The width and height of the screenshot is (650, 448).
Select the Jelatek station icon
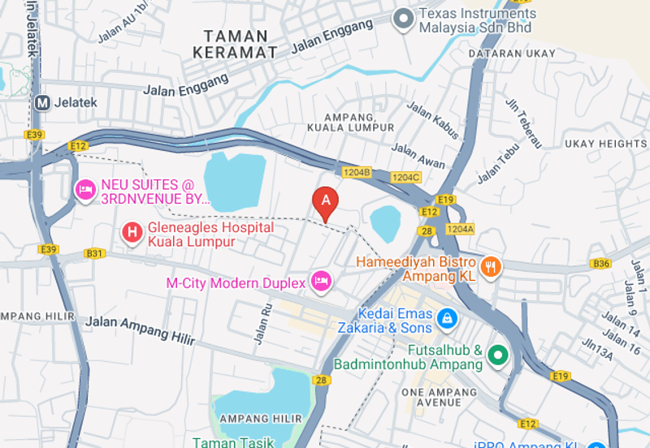pyautogui.click(x=42, y=103)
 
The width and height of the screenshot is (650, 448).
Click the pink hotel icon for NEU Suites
pyautogui.click(x=84, y=190)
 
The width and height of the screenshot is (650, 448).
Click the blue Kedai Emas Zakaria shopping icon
pyautogui.click(x=446, y=319)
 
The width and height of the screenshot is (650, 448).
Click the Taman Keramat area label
pyautogui.click(x=236, y=44)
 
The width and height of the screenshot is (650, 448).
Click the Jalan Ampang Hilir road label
pyautogui.click(x=128, y=327)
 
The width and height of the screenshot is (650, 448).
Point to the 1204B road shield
pyautogui.click(x=357, y=172)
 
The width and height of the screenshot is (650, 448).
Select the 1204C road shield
pyautogui.click(x=405, y=177)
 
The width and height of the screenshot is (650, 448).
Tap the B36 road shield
pyautogui.click(x=600, y=264)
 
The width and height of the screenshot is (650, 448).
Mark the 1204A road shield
pyautogui.click(x=460, y=229)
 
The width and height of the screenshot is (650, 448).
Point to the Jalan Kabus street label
pyautogui.click(x=432, y=117)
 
